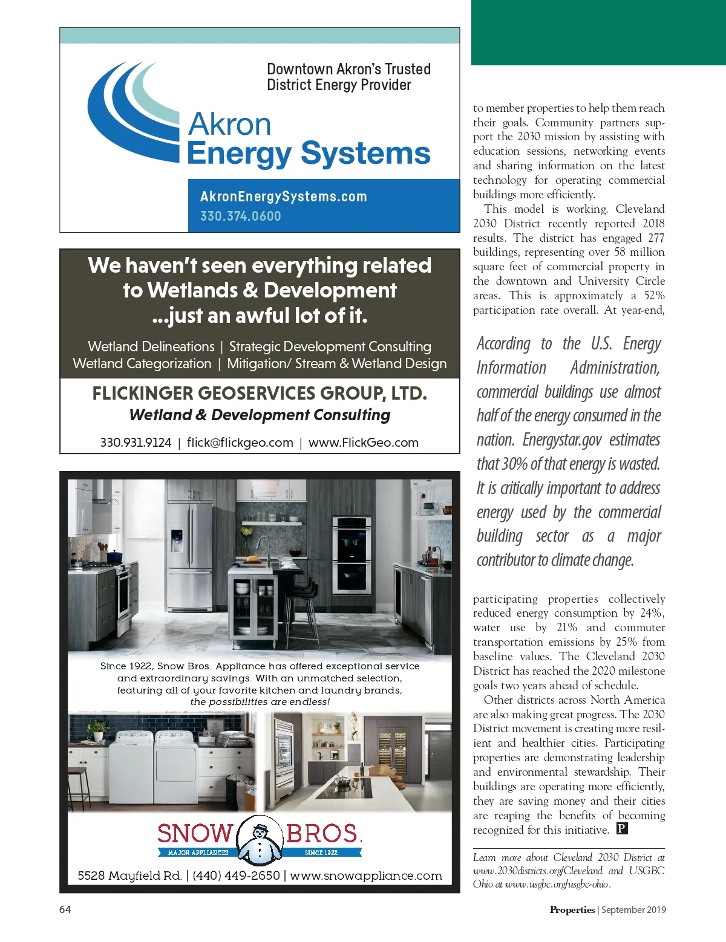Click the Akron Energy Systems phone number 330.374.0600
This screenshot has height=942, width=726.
click(x=240, y=216)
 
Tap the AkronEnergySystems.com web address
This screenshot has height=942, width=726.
click(x=283, y=197)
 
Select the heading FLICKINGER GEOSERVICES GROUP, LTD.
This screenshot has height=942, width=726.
click(x=260, y=394)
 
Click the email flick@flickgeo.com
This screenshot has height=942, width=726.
click(x=240, y=443)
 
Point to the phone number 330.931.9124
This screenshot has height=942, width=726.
click(x=136, y=443)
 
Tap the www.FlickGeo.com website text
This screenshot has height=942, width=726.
click(x=363, y=443)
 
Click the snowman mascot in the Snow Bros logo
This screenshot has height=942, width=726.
click(x=260, y=839)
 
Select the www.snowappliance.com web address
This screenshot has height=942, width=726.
click(x=365, y=875)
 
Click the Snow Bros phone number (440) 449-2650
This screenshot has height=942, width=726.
click(x=236, y=875)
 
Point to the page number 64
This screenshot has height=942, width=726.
click(x=65, y=909)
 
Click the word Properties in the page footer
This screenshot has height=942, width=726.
click(x=572, y=909)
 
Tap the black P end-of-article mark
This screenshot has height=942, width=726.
click(x=622, y=829)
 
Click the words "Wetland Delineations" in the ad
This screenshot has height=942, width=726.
click(x=151, y=346)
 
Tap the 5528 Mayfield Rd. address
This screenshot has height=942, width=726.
click(x=129, y=875)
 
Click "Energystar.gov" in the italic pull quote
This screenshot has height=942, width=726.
click(x=562, y=440)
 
